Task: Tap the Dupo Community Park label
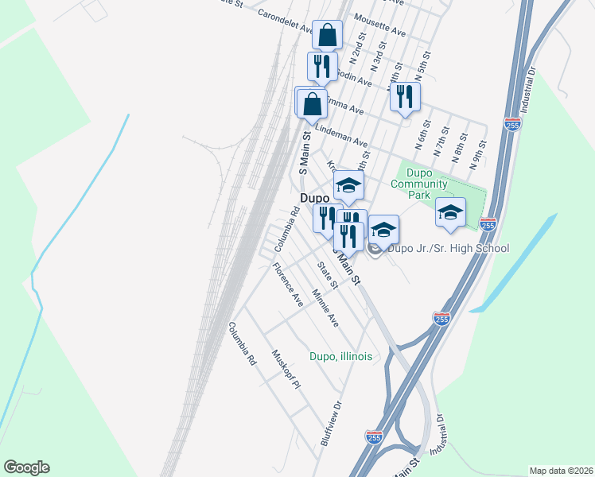tap(418, 184)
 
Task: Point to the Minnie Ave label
tap(325, 308)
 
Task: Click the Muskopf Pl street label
tap(285, 370)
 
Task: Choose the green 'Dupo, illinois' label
tap(341, 356)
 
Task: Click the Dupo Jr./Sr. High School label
tap(448, 249)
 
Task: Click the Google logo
tap(26, 467)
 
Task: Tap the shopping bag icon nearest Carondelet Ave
tap(328, 35)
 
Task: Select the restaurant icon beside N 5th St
tap(405, 97)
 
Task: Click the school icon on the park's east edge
tap(450, 212)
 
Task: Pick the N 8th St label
tap(461, 145)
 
